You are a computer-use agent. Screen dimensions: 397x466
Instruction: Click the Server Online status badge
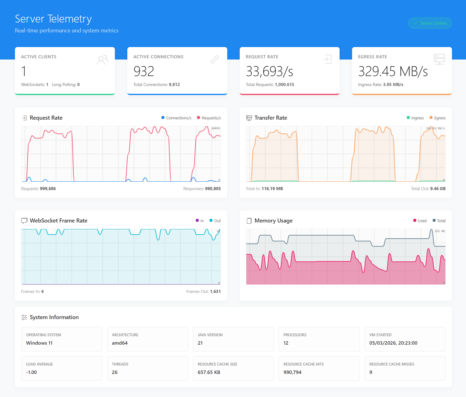[x=430, y=23]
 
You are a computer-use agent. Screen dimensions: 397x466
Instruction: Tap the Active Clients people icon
[x=102, y=60]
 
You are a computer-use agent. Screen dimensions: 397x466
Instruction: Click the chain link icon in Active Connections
[x=215, y=59]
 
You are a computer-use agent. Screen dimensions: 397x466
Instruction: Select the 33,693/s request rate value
[x=269, y=71]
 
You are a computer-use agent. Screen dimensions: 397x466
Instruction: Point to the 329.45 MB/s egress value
[x=393, y=71]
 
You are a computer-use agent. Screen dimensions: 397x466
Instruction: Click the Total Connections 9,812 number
[x=174, y=84]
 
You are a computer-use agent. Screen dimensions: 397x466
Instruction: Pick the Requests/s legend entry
[x=209, y=118]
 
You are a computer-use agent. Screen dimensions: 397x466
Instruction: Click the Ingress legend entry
[x=415, y=118]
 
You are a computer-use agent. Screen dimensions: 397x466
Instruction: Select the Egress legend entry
[x=437, y=118]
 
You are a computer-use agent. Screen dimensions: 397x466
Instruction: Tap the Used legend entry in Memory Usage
[x=420, y=221]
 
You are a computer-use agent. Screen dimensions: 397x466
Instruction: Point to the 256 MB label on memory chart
[x=439, y=231]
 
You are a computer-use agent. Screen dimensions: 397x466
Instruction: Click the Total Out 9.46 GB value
[x=438, y=189]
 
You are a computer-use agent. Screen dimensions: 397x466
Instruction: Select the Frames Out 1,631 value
[x=215, y=291]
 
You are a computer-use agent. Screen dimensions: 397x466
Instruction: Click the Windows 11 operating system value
[x=39, y=343]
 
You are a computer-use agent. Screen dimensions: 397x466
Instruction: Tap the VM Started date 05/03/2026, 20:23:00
[x=393, y=343]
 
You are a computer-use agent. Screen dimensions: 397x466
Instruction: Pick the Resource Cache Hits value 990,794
[x=292, y=372]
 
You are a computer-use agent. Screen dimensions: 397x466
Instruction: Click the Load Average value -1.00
[x=32, y=372]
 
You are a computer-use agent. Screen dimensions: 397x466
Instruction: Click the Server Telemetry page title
[x=53, y=19]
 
